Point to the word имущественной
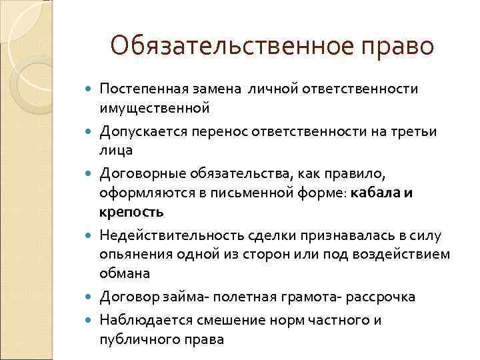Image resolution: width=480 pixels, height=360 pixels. tap(155, 107)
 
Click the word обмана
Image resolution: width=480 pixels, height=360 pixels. tap(125, 273)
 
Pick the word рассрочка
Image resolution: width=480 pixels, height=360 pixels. tap(377, 297)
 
